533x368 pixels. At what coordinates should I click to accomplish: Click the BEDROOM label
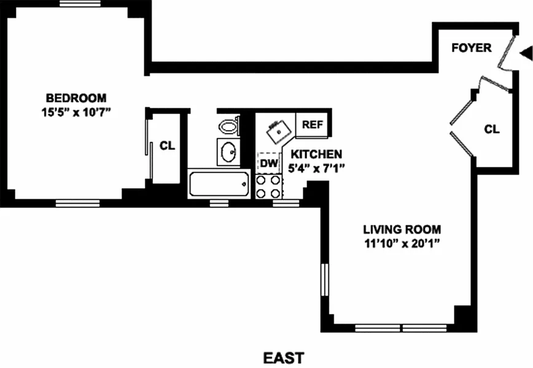coord(76,98)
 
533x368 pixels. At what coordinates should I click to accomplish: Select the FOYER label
coord(471,48)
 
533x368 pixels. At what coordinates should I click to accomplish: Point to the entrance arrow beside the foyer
coord(526,55)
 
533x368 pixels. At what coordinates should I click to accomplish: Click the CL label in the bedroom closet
coord(167,146)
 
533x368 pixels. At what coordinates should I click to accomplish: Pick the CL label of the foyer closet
coord(491,129)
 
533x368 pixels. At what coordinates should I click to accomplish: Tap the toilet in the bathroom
coord(228,126)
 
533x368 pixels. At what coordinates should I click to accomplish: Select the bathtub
coord(219,183)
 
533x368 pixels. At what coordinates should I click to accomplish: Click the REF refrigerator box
coord(312,124)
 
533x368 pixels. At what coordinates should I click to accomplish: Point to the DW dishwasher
coord(268,163)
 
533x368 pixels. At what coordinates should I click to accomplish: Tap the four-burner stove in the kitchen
coord(268,186)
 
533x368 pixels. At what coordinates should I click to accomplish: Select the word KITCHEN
coord(317,155)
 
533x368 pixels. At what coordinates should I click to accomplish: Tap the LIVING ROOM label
coord(402,230)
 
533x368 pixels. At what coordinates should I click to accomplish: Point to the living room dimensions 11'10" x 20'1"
coord(402,243)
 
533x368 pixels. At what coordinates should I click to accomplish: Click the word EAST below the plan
coord(283,357)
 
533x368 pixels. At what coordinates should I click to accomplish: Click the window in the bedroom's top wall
coord(80,4)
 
